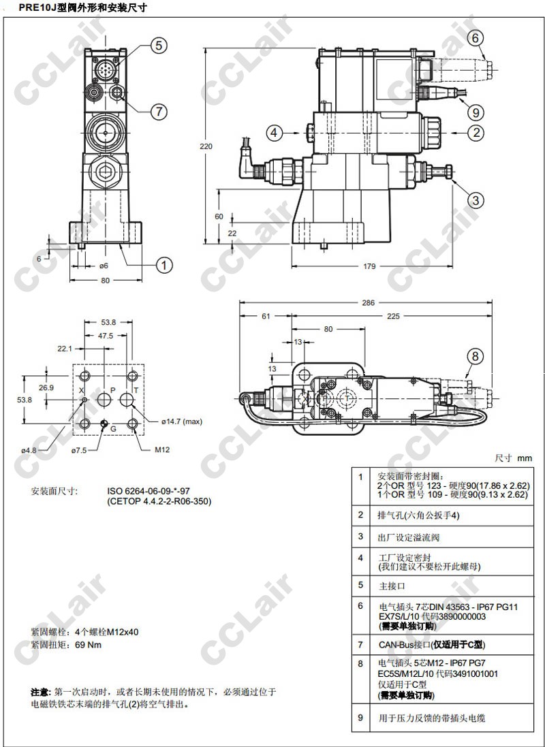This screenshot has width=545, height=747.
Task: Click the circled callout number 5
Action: [x=159, y=46]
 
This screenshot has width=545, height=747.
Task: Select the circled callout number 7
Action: [x=159, y=112]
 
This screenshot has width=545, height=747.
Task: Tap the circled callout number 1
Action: [x=164, y=265]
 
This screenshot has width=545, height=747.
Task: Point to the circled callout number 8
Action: [x=475, y=356]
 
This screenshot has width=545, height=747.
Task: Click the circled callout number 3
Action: [x=476, y=200]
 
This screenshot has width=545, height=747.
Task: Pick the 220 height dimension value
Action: [x=206, y=146]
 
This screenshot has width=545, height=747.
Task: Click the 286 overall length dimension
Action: [x=368, y=302]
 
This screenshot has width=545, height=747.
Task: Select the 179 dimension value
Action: [x=369, y=266]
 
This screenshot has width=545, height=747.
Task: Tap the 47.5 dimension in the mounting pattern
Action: [x=106, y=336]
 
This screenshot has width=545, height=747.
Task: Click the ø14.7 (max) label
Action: [x=181, y=421]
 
